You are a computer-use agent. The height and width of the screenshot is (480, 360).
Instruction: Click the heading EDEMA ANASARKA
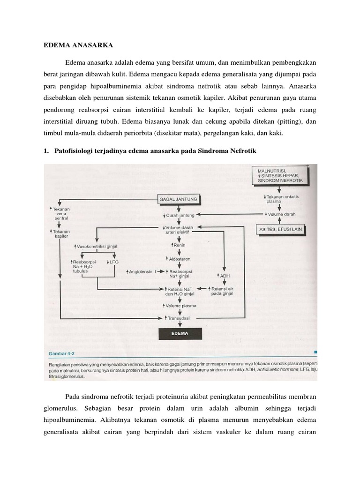click(x=76, y=46)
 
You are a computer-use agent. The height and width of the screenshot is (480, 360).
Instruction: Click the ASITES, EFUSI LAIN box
click(x=280, y=229)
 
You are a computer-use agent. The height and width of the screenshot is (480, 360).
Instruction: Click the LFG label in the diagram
click(x=114, y=261)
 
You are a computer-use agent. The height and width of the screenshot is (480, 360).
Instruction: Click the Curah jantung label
click(x=180, y=215)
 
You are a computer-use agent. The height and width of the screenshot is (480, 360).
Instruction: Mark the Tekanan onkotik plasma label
click(x=280, y=199)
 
